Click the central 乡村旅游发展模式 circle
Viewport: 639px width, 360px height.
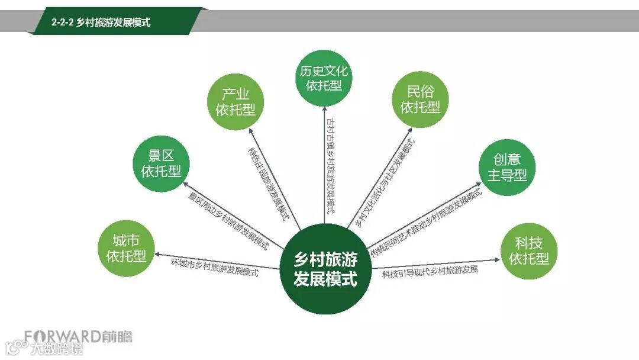[x=325, y=269]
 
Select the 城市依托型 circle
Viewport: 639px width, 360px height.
[x=126, y=248]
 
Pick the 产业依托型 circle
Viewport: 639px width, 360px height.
[x=235, y=102]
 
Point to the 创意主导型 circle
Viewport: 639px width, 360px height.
[x=506, y=168]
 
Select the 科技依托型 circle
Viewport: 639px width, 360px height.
[x=530, y=250]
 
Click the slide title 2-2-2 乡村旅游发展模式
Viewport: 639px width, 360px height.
[x=101, y=22]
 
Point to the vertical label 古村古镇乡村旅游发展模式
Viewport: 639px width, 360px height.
[x=331, y=166]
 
